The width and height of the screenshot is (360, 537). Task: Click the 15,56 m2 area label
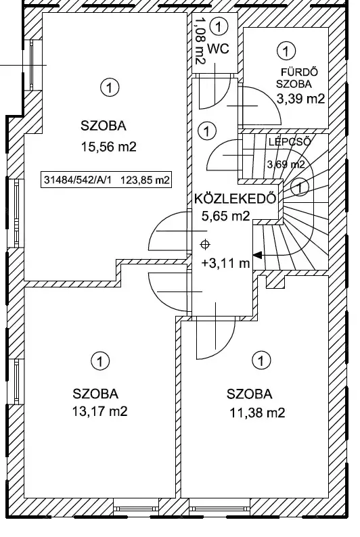coord(108,147)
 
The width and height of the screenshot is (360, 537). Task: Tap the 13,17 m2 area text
coord(99,411)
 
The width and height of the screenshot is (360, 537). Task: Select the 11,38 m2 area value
coord(257,413)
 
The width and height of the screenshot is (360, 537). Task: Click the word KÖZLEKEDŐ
coord(235,199)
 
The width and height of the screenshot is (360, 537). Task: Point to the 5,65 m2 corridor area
coord(225,216)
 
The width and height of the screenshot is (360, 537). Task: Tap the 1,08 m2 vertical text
coord(200,41)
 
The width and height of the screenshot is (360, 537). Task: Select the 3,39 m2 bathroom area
coord(300,99)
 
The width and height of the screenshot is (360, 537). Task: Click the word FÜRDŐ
coord(299,72)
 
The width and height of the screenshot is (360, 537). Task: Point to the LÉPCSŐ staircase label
coord(290,141)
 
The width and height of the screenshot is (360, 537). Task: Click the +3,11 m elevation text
coord(226,263)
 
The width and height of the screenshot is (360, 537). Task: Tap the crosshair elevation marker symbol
coord(205,245)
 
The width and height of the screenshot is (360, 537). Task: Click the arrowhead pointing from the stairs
coord(257,255)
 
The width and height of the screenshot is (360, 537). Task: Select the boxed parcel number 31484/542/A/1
coord(78,180)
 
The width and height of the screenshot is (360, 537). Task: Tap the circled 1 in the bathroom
coord(286,51)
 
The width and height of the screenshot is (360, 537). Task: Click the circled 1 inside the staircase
coord(300,187)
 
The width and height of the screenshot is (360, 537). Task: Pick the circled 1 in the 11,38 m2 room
coord(261,360)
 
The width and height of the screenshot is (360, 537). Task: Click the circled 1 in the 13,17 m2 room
coord(100,361)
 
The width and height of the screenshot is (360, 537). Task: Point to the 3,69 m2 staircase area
coord(286,164)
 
